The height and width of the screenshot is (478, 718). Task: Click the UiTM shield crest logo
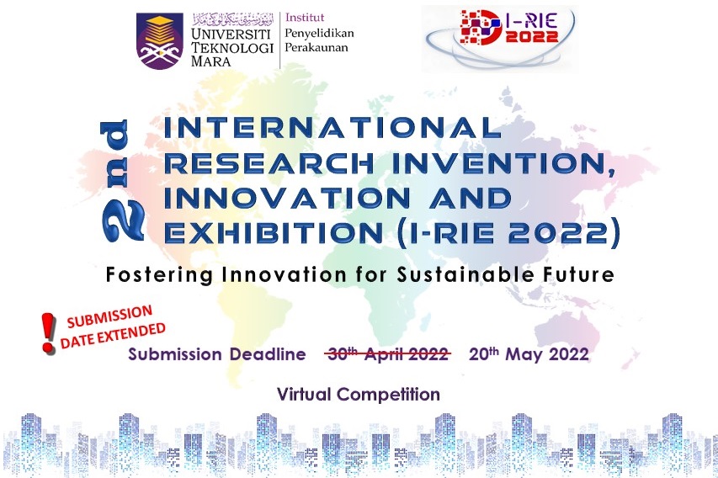159,40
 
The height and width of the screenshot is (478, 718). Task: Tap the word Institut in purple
305,18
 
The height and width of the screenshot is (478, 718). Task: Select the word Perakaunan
316,48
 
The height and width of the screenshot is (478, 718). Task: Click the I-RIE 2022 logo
500,39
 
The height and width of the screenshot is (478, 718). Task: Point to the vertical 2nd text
121,180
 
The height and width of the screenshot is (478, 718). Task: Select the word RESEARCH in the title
269,163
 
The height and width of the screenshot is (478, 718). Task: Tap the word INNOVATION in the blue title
287,199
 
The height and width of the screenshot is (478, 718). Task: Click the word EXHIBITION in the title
274,232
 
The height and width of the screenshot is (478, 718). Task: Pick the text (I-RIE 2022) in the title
508,233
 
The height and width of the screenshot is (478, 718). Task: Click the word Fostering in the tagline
159,274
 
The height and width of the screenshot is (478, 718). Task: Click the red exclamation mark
48,333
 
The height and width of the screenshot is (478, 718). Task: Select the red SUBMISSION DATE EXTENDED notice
112,326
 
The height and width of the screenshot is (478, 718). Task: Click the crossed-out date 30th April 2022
387,354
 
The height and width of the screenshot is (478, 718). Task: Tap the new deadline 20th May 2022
529,354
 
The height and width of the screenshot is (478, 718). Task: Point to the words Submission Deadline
217,354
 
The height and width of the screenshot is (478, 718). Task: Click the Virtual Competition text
359,394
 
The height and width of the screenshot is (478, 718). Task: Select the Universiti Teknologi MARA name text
232,47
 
